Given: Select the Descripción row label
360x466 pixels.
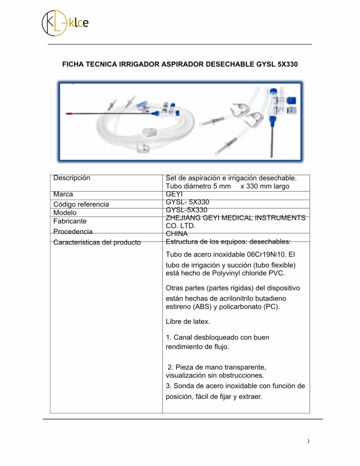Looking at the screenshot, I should point(72,178).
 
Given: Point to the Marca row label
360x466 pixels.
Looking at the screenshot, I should point(63,194).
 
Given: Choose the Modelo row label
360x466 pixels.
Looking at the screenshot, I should point(65,213).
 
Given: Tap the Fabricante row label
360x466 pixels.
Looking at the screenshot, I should point(70,221).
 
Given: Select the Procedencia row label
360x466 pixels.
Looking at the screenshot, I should point(73,232).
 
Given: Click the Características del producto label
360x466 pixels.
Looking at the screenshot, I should point(97,242).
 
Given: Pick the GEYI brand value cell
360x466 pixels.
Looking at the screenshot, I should point(174,194).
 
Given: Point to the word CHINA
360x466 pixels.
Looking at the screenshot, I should point(177,233).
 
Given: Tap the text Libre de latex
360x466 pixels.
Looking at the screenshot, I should point(188,322).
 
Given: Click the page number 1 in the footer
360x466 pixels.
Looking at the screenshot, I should point(308,441).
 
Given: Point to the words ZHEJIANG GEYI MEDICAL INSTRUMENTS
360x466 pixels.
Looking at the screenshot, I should point(236,218).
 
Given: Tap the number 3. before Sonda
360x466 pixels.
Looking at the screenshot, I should point(169,386).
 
